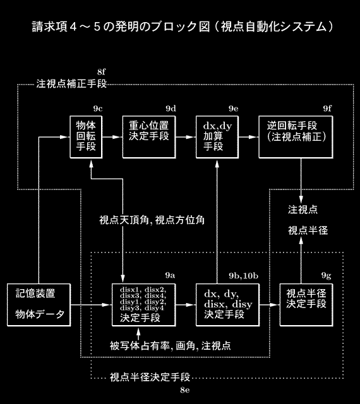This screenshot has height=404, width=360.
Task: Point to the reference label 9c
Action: (x=98, y=109)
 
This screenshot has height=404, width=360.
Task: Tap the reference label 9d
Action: (x=171, y=109)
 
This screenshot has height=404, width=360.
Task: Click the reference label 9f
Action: (x=327, y=109)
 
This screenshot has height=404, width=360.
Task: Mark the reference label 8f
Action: (x=101, y=71)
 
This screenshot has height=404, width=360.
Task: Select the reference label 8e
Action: (x=185, y=390)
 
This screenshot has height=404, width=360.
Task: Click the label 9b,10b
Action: (x=243, y=276)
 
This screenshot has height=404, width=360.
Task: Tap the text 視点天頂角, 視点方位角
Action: (x=152, y=220)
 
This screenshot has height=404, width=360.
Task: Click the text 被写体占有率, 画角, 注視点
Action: (x=171, y=345)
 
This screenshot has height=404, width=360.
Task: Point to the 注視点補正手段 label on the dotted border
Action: (x=71, y=84)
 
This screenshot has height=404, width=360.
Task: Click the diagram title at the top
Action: (x=183, y=27)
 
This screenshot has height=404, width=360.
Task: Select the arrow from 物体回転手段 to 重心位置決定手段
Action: (x=112, y=137)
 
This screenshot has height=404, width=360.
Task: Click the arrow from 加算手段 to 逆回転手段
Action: (x=249, y=137)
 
